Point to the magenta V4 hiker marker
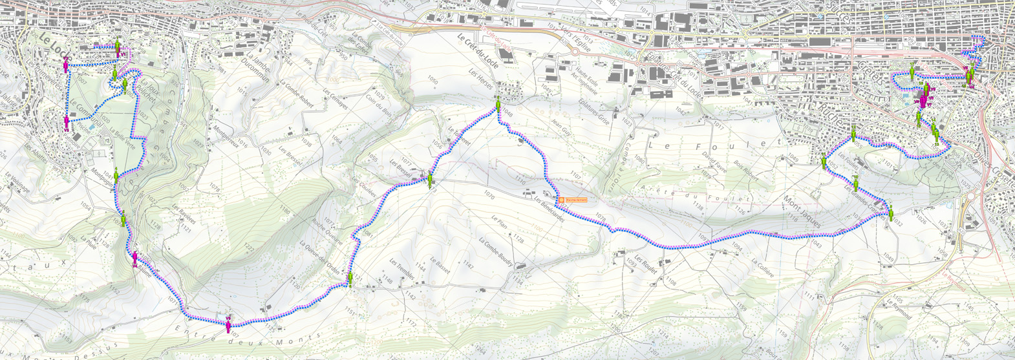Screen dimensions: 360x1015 (135, 258)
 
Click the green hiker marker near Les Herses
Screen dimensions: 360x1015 (498, 103)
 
